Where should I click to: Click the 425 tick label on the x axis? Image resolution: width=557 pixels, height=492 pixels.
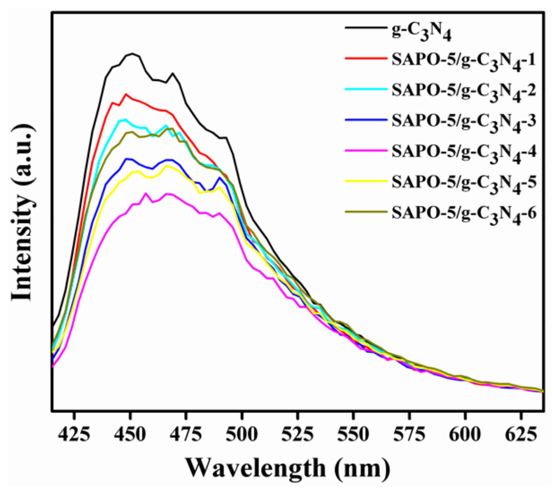point(74,435)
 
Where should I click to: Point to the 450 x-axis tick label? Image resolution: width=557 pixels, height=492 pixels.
point(130,435)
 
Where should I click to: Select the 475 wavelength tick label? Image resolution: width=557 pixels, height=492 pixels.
point(186,435)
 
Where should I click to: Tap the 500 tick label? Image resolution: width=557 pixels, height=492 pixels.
point(242,435)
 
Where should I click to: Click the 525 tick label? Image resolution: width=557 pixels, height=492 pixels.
point(298,435)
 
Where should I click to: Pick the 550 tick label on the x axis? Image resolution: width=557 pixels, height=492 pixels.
point(353,435)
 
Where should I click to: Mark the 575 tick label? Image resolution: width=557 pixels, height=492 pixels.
point(409,435)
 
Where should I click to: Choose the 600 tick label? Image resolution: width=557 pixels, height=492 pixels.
point(465,435)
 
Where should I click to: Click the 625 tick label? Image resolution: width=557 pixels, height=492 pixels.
point(521,435)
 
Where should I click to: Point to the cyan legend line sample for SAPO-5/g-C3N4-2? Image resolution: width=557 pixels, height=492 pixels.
point(366,89)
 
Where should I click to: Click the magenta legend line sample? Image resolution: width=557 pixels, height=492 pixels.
point(366,150)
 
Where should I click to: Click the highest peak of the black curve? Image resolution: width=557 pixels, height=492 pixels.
point(132,53)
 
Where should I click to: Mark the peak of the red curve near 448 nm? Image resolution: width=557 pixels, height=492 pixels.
point(125,94)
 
